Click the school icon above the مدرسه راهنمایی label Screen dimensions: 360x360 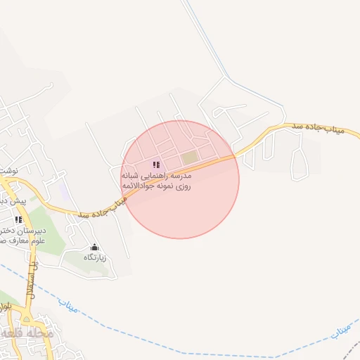[155, 165]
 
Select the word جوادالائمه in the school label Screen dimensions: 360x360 [138, 186]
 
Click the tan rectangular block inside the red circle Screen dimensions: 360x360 [190, 157]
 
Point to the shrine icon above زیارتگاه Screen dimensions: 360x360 [94, 247]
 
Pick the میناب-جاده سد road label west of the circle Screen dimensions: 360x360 [102, 207]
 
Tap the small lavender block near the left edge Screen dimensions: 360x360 [63, 190]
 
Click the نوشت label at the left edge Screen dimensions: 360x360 [8, 171]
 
